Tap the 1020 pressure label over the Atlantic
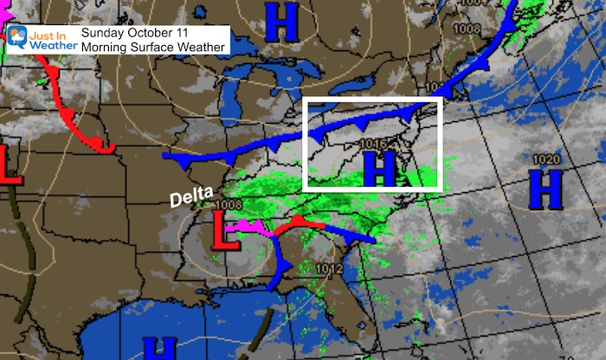pos(545,159)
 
